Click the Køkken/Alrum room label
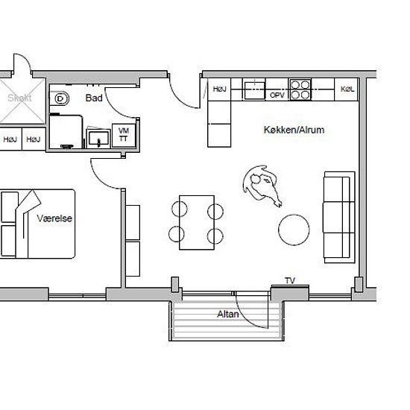click(x=294, y=130)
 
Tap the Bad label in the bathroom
click(x=94, y=98)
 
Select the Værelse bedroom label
click(x=54, y=218)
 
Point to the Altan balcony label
click(x=228, y=314)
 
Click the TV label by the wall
click(x=290, y=281)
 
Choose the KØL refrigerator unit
click(x=347, y=89)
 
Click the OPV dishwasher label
click(x=277, y=95)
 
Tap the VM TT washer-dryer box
click(x=124, y=135)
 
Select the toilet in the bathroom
click(x=60, y=98)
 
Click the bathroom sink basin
click(x=98, y=138)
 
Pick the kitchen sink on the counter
click(x=254, y=89)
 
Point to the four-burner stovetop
click(x=300, y=89)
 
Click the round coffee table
click(x=294, y=230)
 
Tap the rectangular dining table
click(x=197, y=223)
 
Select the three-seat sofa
click(x=339, y=217)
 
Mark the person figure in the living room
click(x=262, y=185)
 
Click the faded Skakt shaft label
click(x=19, y=98)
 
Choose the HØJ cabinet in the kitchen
click(x=219, y=89)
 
